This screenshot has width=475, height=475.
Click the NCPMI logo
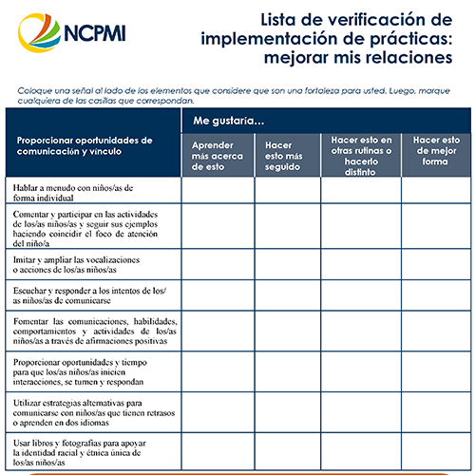point(71,35)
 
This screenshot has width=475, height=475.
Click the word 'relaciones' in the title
point(400,59)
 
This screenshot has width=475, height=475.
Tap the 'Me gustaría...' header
point(229,121)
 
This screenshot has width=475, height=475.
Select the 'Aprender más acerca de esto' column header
point(217,153)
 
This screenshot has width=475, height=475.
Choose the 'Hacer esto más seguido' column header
point(286,153)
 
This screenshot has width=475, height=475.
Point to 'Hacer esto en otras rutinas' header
point(360,153)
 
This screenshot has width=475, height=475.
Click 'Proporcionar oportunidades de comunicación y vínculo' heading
point(85,145)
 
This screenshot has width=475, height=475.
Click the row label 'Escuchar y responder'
point(89,294)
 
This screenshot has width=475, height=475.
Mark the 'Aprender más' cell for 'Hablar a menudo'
point(217,193)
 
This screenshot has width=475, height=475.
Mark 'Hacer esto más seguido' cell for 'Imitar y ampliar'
point(286,264)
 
